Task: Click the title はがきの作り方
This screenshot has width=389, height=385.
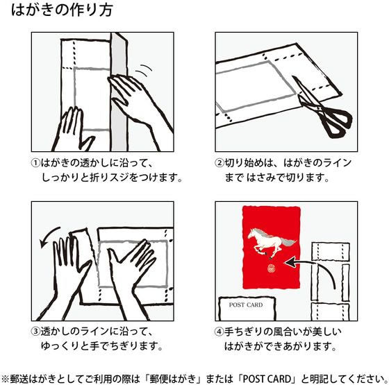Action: (62, 10)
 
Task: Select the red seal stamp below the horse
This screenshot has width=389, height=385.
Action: (270, 268)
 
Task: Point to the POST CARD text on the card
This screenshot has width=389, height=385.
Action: (246, 305)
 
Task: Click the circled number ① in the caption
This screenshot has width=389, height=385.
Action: (35, 163)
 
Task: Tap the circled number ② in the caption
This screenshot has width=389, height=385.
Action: (220, 163)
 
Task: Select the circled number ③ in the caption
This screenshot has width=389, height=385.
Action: (35, 332)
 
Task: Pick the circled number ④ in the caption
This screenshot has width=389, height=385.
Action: (220, 332)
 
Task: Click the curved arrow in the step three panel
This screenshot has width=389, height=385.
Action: (47, 235)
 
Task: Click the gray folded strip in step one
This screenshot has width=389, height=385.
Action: (119, 92)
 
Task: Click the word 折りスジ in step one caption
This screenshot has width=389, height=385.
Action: (109, 178)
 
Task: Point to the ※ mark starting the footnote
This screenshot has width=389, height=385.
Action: (6, 379)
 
